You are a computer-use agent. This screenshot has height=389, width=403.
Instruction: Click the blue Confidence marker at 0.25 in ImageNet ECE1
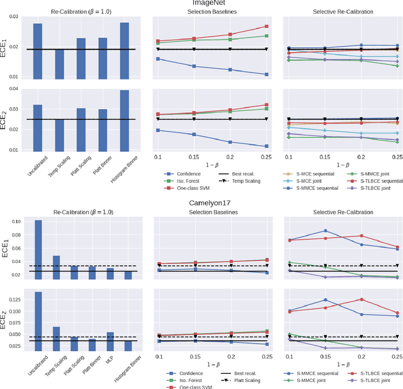point(266,74)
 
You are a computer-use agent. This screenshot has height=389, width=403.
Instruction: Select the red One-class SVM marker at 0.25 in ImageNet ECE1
point(266,26)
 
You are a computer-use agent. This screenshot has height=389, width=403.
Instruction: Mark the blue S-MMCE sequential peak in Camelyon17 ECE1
point(325,231)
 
